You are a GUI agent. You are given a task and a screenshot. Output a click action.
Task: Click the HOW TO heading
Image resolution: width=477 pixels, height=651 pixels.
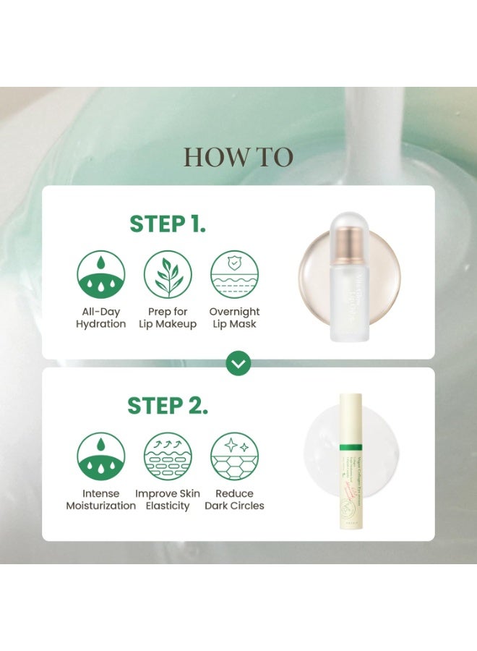(x=238, y=157)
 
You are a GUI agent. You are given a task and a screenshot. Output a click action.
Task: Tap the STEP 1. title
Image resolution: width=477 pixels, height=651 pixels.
(x=168, y=224)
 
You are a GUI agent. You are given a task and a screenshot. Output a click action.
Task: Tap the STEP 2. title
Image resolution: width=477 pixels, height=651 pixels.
(x=168, y=406)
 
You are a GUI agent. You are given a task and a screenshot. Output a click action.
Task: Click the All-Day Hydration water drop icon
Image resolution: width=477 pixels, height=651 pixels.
(x=101, y=275)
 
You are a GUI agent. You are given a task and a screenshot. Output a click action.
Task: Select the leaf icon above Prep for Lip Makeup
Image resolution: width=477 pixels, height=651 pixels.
(x=168, y=275)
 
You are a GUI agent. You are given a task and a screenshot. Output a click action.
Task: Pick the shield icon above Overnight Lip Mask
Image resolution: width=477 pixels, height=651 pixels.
(x=235, y=275)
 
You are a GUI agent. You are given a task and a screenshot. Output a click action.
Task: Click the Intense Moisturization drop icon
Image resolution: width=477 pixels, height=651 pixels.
(x=101, y=456)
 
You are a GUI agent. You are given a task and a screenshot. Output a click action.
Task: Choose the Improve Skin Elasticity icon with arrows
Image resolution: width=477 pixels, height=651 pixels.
(x=168, y=456)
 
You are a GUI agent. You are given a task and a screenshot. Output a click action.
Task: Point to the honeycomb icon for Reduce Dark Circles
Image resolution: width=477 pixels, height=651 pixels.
(x=235, y=456)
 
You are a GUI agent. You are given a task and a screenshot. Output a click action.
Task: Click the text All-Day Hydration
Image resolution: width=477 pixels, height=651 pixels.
(x=101, y=318)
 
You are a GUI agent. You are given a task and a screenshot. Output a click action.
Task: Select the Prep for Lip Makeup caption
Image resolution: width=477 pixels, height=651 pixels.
(x=168, y=318)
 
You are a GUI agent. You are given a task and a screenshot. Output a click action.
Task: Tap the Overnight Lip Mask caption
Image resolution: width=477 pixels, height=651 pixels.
(x=235, y=318)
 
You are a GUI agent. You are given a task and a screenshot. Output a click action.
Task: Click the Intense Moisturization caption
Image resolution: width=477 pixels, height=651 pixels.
(x=101, y=499)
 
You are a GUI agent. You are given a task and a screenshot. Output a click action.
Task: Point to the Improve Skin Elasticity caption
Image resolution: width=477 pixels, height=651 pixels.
(x=168, y=499)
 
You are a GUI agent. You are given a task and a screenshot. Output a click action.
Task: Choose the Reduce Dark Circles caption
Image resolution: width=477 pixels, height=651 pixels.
(x=235, y=499)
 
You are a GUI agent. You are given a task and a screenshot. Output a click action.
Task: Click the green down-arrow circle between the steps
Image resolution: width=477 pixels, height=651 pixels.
(x=238, y=364)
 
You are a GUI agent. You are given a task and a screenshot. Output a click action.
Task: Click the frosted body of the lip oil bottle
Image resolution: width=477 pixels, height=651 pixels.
(x=348, y=304)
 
